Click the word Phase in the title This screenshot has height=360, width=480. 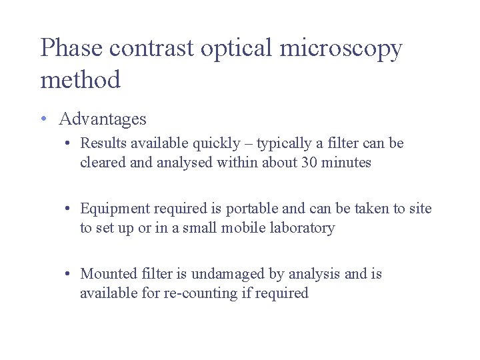click(x=71, y=48)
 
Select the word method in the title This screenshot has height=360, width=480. click(x=80, y=81)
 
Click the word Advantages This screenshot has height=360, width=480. click(x=103, y=119)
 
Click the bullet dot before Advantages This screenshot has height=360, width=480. click(x=43, y=119)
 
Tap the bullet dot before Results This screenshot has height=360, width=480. click(x=69, y=143)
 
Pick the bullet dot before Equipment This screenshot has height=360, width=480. click(x=69, y=209)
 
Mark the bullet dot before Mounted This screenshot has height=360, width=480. click(x=69, y=274)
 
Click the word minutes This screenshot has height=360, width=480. click(x=345, y=162)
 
